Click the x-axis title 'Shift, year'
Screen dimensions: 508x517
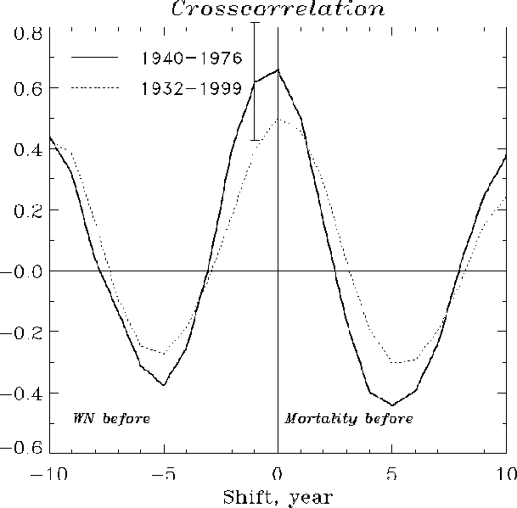click(278, 496)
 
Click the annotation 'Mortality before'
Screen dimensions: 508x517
click(349, 419)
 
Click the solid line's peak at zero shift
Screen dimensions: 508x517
click(278, 70)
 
